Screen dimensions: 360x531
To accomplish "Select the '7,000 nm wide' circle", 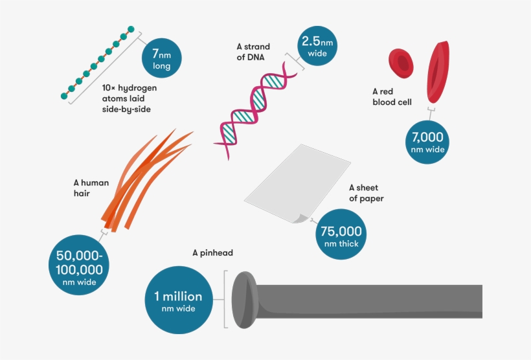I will coord(428,142).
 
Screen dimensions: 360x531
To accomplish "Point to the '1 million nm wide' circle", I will coord(177,300).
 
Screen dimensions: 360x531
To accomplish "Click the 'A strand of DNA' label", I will coord(253,51).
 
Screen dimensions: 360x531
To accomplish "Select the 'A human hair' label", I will coord(91,188).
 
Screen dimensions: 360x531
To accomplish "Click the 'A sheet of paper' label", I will coord(367,193).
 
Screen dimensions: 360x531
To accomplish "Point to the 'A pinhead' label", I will coord(212,253).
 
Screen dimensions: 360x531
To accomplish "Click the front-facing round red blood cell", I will coord(401,62).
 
